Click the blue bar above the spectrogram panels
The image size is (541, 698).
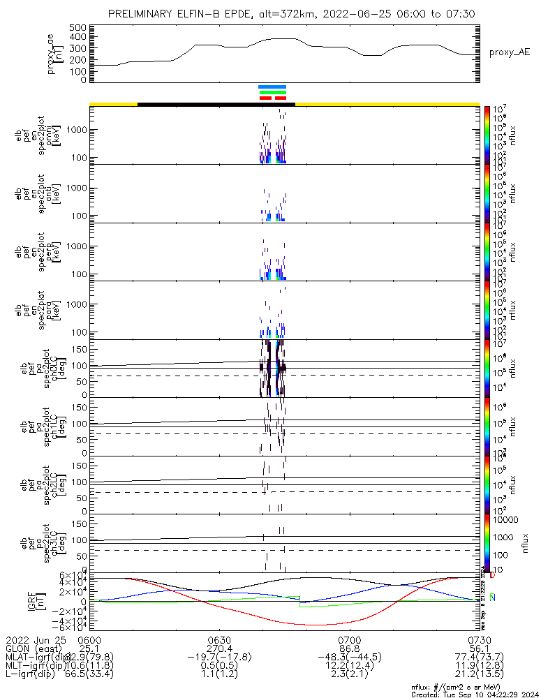tap(272, 87)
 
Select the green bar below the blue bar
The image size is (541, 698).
tap(273, 92)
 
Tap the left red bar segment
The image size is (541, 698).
tap(265, 98)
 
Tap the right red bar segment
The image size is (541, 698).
tap(281, 98)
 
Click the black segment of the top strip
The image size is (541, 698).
tap(216, 104)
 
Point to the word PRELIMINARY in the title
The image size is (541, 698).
tap(139, 14)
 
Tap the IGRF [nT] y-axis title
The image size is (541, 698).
tap(60, 602)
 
